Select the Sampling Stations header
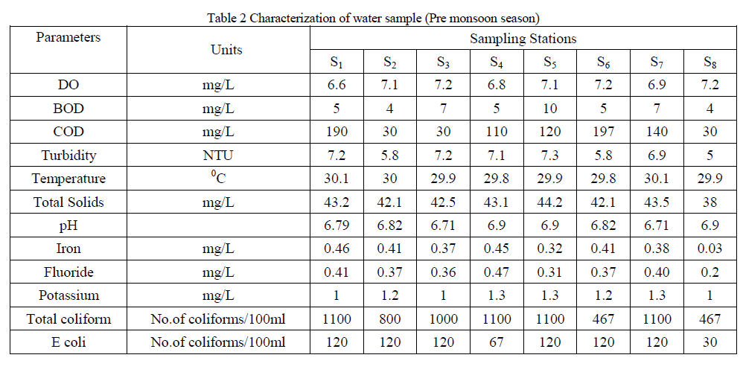click(x=523, y=39)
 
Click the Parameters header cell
click(x=68, y=37)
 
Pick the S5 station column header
click(x=549, y=62)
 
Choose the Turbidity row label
click(x=68, y=156)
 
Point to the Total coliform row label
click(x=68, y=319)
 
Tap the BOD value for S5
click(x=549, y=109)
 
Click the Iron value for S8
click(x=710, y=249)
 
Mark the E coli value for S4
click(x=497, y=342)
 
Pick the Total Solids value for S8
click(x=710, y=202)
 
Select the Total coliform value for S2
click(x=389, y=319)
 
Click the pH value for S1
click(x=336, y=225)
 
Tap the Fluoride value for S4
click(x=497, y=272)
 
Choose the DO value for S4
click(x=497, y=85)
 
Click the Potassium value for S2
click(x=389, y=295)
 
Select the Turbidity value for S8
click(x=710, y=156)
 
